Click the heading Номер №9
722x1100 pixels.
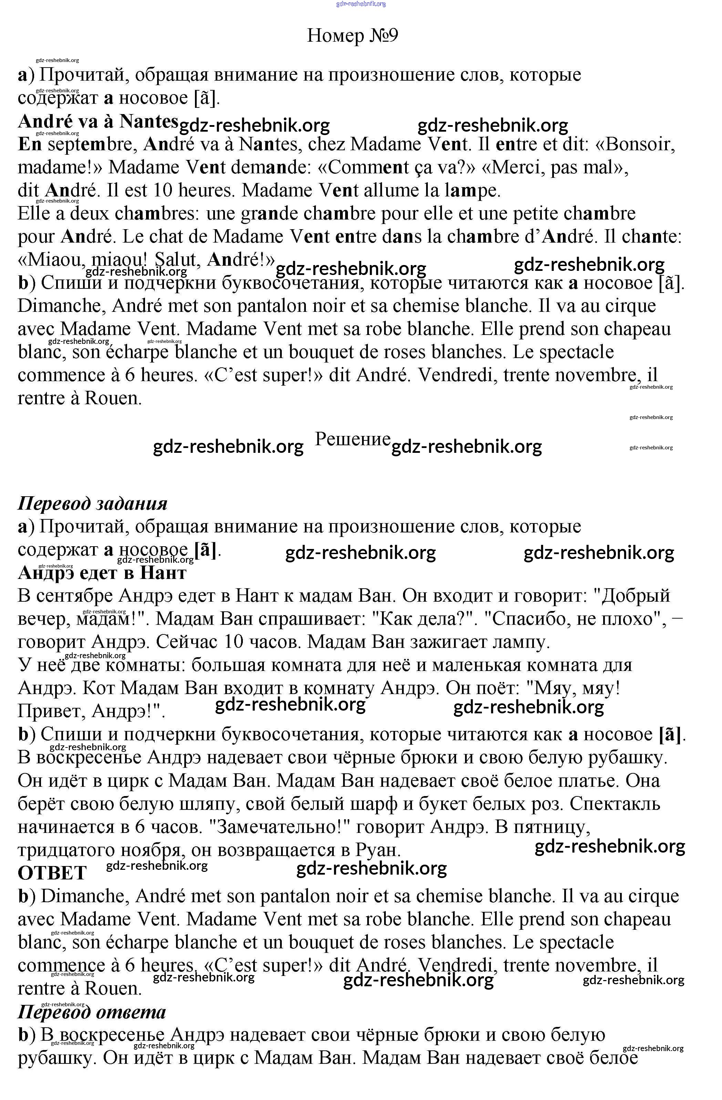352,35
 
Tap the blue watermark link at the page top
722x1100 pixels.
361,4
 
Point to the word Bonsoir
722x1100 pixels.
640,145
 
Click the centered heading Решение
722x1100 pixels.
352,439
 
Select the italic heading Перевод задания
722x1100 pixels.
92,503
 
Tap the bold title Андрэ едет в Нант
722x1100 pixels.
102,573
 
